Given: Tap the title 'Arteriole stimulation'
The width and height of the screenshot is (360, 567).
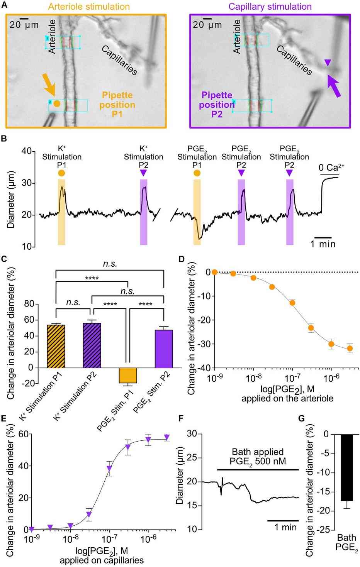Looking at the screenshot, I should coord(89,7).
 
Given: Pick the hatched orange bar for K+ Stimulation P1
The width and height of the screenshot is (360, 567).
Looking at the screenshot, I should coord(56,346).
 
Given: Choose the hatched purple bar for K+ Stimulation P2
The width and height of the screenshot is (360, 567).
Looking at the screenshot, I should coord(92,345).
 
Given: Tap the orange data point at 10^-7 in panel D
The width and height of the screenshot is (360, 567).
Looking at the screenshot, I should coord(292,303).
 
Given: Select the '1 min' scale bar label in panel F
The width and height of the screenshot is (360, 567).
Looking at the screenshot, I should coord(285,527).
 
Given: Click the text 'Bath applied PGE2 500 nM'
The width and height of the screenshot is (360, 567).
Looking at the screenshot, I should coord(258,456).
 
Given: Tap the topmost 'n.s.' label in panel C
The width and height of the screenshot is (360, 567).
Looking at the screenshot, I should coord(110,264).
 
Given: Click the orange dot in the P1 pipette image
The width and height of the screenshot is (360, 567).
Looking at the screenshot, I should coord(57,103).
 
